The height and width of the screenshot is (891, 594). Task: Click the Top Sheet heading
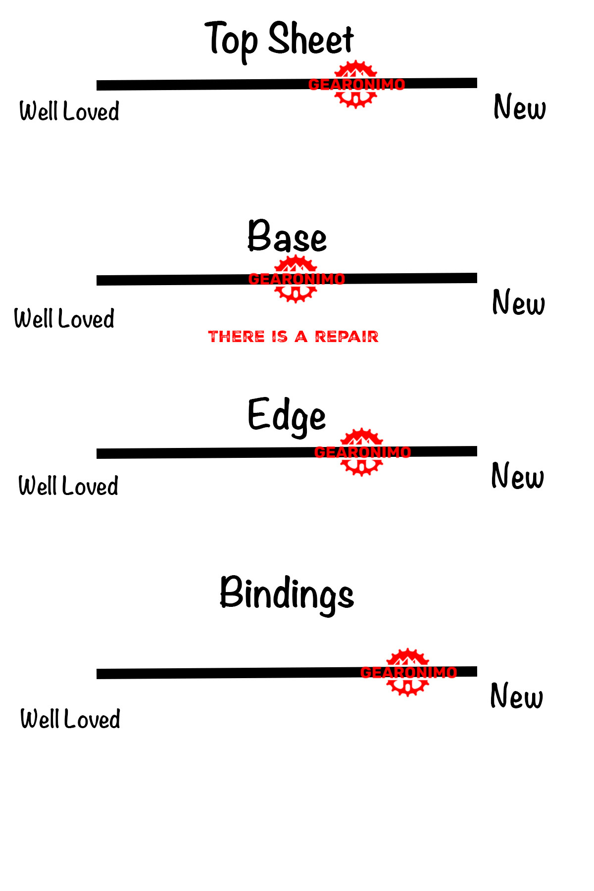(x=280, y=40)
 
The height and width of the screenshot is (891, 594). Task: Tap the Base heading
(x=287, y=237)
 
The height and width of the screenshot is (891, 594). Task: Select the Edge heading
(x=287, y=416)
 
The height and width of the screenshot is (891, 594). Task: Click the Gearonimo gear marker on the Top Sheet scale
(x=356, y=84)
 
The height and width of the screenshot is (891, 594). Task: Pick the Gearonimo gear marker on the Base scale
(x=296, y=279)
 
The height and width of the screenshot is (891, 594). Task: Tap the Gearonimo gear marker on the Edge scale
(x=362, y=452)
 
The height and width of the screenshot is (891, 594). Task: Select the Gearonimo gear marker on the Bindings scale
(x=407, y=672)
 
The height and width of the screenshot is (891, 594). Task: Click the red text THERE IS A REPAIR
(x=293, y=337)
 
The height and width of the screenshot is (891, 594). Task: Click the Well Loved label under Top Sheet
(x=69, y=111)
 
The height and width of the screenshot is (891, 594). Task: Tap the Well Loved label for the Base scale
(x=64, y=319)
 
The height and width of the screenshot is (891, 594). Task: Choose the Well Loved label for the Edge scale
(x=68, y=486)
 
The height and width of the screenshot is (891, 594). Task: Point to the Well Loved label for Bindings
(x=70, y=719)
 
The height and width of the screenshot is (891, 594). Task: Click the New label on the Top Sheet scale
(x=520, y=107)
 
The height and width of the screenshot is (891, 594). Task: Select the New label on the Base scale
(x=518, y=303)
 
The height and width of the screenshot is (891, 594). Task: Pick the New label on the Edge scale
(x=517, y=476)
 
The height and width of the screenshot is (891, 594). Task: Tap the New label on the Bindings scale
(x=516, y=696)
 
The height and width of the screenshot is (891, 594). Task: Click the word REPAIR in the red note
(x=346, y=337)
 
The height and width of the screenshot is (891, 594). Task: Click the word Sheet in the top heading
(x=311, y=40)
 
